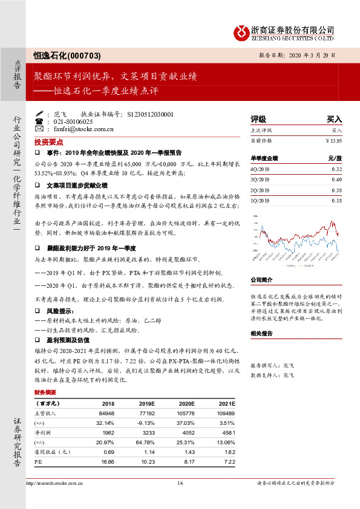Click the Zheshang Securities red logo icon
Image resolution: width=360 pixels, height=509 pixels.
pyautogui.click(x=241, y=31)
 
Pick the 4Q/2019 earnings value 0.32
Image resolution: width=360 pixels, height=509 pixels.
pyautogui.click(x=336, y=170)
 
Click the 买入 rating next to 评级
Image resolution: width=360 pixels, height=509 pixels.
pyautogui.click(x=334, y=119)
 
